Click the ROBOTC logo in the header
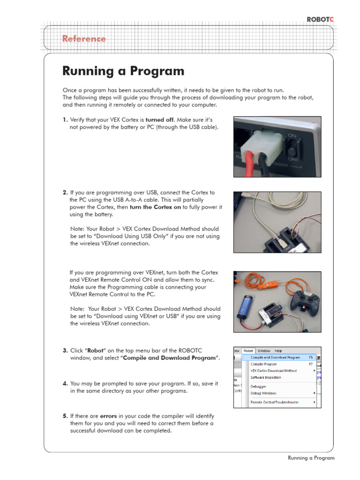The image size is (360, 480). pyautogui.click(x=321, y=19)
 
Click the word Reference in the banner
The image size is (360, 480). pyautogui.click(x=84, y=39)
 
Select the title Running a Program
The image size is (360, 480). pyautogui.click(x=123, y=71)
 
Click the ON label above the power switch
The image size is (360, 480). pyautogui.click(x=292, y=135)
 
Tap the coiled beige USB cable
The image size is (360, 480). pyautogui.click(x=262, y=211)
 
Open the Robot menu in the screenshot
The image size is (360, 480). pyautogui.click(x=248, y=351)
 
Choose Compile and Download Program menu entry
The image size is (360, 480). pyautogui.click(x=275, y=357)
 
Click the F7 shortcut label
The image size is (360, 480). pyautogui.click(x=310, y=364)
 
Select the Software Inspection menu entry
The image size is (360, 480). pyautogui.click(x=266, y=377)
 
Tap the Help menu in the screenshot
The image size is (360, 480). pyautogui.click(x=278, y=351)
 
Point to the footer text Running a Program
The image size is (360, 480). pyautogui.click(x=311, y=458)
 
